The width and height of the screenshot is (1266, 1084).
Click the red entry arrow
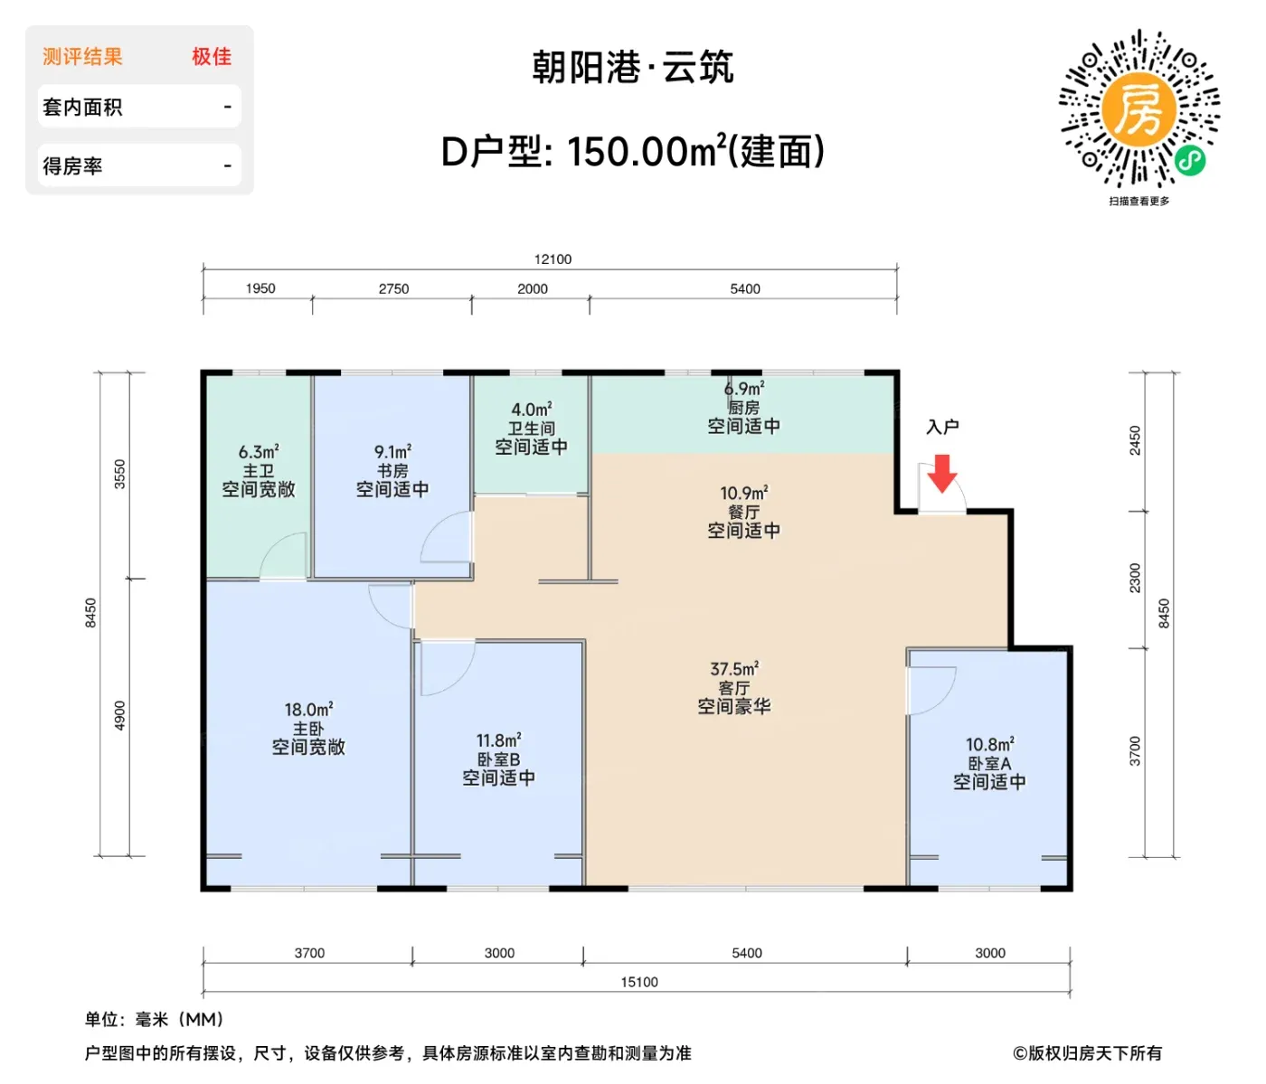(x=941, y=473)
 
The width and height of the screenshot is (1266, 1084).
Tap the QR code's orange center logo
(x=1138, y=110)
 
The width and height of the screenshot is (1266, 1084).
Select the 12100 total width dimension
(x=553, y=259)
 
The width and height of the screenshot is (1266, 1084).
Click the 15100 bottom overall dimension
(x=638, y=982)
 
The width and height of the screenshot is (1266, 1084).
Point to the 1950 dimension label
(x=260, y=288)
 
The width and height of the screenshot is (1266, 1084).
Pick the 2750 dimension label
(x=393, y=288)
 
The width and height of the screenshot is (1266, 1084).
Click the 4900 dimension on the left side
(x=120, y=715)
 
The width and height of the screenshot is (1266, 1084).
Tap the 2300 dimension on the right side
(x=1135, y=578)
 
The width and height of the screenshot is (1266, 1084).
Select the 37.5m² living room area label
(x=734, y=668)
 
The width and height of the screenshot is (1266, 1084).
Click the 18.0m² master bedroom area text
(x=308, y=709)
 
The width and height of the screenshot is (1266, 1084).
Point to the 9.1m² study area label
(x=392, y=451)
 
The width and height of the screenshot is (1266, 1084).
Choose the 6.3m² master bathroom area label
(x=259, y=451)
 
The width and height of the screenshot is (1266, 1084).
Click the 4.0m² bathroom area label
(x=532, y=410)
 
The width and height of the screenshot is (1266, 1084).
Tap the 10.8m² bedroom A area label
(x=990, y=744)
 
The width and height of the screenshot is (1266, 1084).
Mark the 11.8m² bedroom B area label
(x=498, y=740)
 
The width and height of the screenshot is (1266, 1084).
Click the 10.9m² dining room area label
(x=743, y=493)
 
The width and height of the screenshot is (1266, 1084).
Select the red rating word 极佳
(x=212, y=56)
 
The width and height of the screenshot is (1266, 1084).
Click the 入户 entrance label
(x=942, y=426)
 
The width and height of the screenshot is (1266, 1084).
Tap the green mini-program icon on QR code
(x=1190, y=160)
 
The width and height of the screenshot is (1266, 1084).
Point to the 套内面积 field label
(x=82, y=108)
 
